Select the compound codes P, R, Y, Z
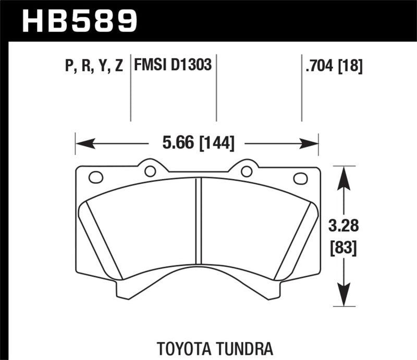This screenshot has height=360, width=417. tap(94, 66)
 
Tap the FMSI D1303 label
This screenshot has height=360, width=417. tap(173, 66)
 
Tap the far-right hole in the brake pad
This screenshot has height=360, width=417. tap(300, 178)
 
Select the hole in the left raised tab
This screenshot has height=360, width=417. tap(150, 171)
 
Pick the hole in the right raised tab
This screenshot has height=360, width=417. tap(246, 171)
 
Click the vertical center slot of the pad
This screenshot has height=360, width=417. tap(198, 219)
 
